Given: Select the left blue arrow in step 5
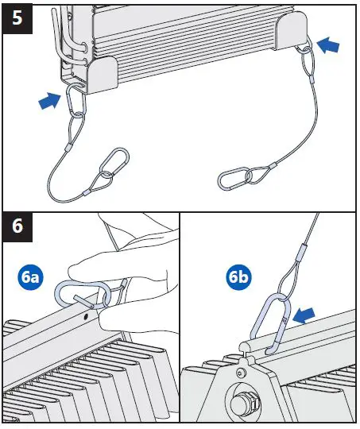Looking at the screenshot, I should pyautogui.click(x=49, y=100).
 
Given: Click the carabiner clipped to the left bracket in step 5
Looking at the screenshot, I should pyautogui.click(x=75, y=102).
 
